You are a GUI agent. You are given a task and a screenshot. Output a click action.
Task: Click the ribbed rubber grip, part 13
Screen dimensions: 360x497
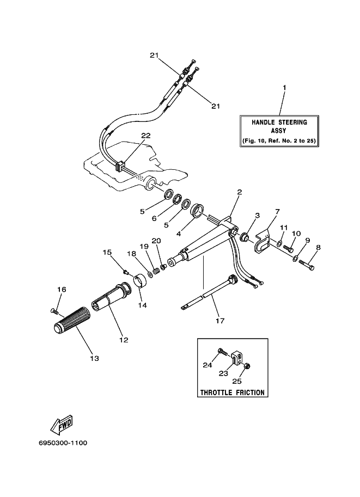point(72,320)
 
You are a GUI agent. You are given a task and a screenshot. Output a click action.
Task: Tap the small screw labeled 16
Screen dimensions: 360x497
point(54,311)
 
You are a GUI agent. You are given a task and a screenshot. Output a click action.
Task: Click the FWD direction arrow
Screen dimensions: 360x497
point(62,425)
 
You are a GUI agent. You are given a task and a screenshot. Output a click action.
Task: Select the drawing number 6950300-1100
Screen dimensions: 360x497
point(63,443)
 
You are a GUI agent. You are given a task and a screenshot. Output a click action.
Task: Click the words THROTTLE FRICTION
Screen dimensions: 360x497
point(233,392)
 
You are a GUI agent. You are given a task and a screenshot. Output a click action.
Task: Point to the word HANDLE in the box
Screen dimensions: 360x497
point(264,122)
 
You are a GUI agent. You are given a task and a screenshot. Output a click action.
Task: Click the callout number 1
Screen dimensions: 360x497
point(284,87)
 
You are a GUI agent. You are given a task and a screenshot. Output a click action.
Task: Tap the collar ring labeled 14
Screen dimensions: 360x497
point(141,280)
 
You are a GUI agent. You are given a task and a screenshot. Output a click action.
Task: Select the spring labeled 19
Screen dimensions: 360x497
point(156,271)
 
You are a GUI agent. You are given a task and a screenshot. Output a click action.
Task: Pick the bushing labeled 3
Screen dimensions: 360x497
point(245,237)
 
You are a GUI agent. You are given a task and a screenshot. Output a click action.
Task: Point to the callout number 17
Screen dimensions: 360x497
point(220,321)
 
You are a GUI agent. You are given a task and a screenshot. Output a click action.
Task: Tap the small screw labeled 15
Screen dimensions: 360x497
point(126,271)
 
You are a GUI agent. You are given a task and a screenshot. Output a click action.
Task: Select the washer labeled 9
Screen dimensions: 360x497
point(295,259)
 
